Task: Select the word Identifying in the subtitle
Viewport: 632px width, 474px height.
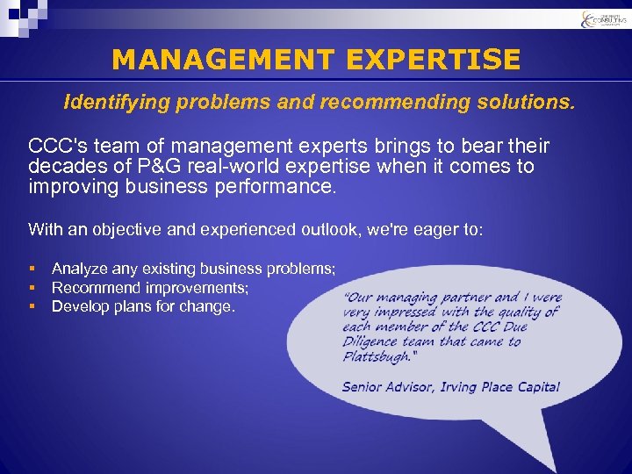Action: [x=115, y=103]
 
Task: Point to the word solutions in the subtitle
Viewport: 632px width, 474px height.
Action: [x=521, y=103]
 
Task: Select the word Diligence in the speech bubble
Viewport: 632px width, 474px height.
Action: [x=373, y=342]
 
